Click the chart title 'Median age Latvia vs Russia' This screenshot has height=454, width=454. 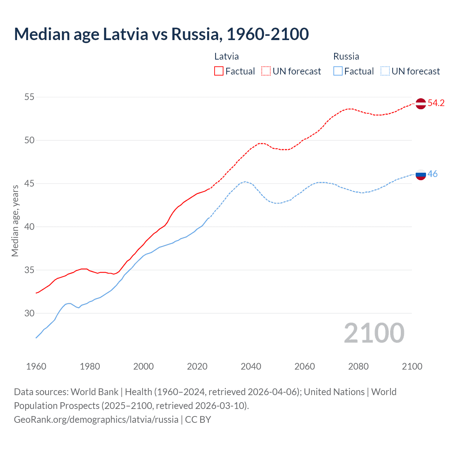161,34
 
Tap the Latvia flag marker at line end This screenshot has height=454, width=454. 420,104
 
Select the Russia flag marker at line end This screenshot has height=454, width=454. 420,175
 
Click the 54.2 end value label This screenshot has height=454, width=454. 436,103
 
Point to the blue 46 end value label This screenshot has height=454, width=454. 432,174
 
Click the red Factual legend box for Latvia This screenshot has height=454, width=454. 219,71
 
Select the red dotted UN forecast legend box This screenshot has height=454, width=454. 266,71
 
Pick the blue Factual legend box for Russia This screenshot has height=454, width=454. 338,71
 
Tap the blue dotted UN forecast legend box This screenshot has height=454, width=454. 385,71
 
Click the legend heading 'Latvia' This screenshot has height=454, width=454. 227,56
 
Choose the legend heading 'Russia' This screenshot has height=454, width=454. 346,56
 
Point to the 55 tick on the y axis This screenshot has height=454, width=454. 29,97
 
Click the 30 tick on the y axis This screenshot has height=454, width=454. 29,313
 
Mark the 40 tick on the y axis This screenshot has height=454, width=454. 29,227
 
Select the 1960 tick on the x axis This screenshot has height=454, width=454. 36,366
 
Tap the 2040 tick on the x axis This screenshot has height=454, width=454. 251,366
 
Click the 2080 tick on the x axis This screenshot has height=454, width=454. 358,366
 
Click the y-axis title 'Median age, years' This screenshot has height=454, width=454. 15,221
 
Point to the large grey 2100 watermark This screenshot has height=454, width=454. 374,333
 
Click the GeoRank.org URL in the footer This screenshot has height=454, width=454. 96,420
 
